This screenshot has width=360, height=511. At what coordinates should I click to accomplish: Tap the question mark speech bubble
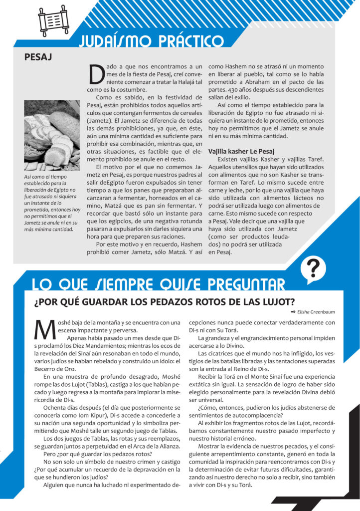(x=313, y=269)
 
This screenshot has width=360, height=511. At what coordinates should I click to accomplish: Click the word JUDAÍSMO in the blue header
(x=111, y=41)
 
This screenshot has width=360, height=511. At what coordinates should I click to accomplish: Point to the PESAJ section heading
(x=38, y=57)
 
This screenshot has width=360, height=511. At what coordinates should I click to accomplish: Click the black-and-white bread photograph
(x=52, y=135)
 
